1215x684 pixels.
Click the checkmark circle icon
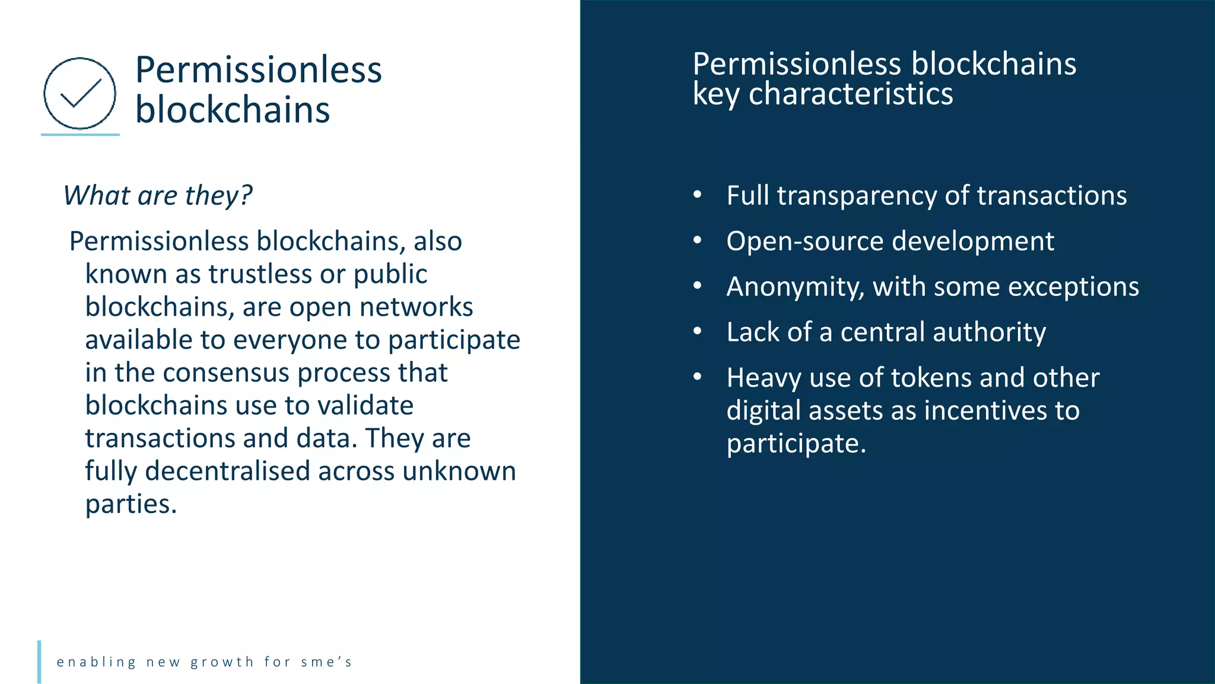[79, 93]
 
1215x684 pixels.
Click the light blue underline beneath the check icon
[80, 135]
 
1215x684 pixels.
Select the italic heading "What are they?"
[158, 195]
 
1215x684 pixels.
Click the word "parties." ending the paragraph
[131, 504]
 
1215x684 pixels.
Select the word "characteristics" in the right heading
[851, 94]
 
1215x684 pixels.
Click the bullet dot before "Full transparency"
[698, 195]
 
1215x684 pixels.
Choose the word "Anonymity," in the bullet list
[795, 287]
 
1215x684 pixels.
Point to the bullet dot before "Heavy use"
[698, 376]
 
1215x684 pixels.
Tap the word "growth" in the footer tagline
[222, 662]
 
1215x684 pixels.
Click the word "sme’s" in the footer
[326, 662]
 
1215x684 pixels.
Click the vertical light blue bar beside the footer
[39, 661]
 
